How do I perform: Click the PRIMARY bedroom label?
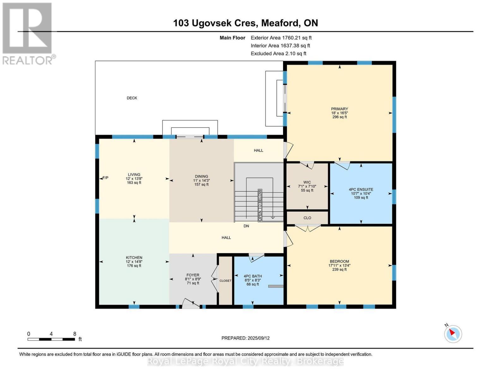tap(339, 109)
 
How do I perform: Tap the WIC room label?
tap(307, 182)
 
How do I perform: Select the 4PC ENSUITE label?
tap(361, 189)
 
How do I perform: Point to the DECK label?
tap(132, 98)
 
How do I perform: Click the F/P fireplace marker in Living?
tap(105, 178)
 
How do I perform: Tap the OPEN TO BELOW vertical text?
tap(260, 205)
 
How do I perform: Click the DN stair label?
tap(246, 226)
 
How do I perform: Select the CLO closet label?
tap(307, 218)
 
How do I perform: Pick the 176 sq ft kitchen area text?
tap(134, 266)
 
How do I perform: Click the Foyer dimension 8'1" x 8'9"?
tap(193, 279)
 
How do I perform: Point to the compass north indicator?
tap(453, 333)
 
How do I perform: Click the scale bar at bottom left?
tap(51, 339)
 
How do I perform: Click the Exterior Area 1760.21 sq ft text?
tap(281, 38)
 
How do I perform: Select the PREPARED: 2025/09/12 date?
tap(245, 338)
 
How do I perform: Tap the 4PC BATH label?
tap(253, 276)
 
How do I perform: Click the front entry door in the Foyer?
tap(191, 304)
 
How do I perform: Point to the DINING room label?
tap(201, 177)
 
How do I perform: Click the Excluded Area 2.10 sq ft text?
tap(278, 53)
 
